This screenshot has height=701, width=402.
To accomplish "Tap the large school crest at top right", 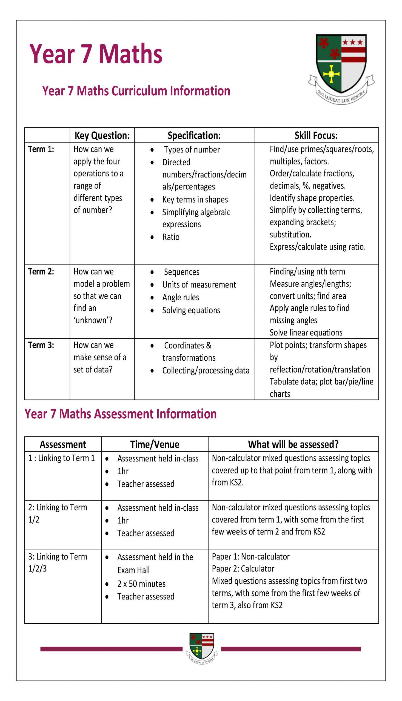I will (341, 68).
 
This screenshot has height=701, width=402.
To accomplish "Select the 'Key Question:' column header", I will (102, 136).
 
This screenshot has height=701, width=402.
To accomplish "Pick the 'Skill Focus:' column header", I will (316, 136).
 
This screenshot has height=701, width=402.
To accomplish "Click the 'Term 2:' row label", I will (41, 271).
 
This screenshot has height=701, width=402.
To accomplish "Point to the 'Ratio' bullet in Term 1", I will (171, 237).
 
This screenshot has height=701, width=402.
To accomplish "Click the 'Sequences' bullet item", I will (181, 272).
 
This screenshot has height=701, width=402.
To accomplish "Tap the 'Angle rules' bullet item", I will (181, 297).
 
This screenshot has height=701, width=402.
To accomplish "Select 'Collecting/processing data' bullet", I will (206, 370).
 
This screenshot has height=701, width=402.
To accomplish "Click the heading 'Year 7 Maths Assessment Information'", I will (120, 414).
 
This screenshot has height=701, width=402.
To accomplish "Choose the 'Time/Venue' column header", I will (155, 444).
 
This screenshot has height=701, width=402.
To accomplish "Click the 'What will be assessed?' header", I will (293, 444).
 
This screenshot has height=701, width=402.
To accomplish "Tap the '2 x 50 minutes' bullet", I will (141, 584).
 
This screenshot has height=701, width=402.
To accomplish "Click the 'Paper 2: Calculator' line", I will (243, 568).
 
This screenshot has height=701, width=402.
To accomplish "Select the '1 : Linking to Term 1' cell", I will (61, 458).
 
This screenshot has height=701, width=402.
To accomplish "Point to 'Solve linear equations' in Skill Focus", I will (306, 333).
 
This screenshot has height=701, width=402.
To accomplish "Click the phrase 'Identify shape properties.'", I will (312, 198).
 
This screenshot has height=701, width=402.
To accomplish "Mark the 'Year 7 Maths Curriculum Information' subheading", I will (136, 91).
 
